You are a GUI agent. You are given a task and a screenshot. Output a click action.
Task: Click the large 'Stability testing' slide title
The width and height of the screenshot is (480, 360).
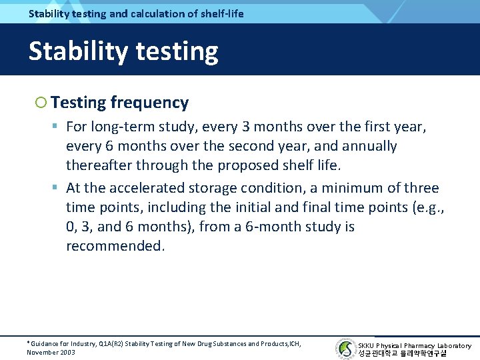coord(123,51)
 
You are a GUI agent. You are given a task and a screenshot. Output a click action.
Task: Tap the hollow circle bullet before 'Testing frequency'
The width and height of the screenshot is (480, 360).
coord(41,103)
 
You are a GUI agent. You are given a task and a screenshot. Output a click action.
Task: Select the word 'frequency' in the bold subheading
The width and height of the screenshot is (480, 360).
coord(149,103)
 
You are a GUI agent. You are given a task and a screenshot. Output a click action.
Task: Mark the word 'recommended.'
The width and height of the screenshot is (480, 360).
coord(115,246)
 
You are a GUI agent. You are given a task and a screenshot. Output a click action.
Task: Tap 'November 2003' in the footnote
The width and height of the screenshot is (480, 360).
coord(51,352)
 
